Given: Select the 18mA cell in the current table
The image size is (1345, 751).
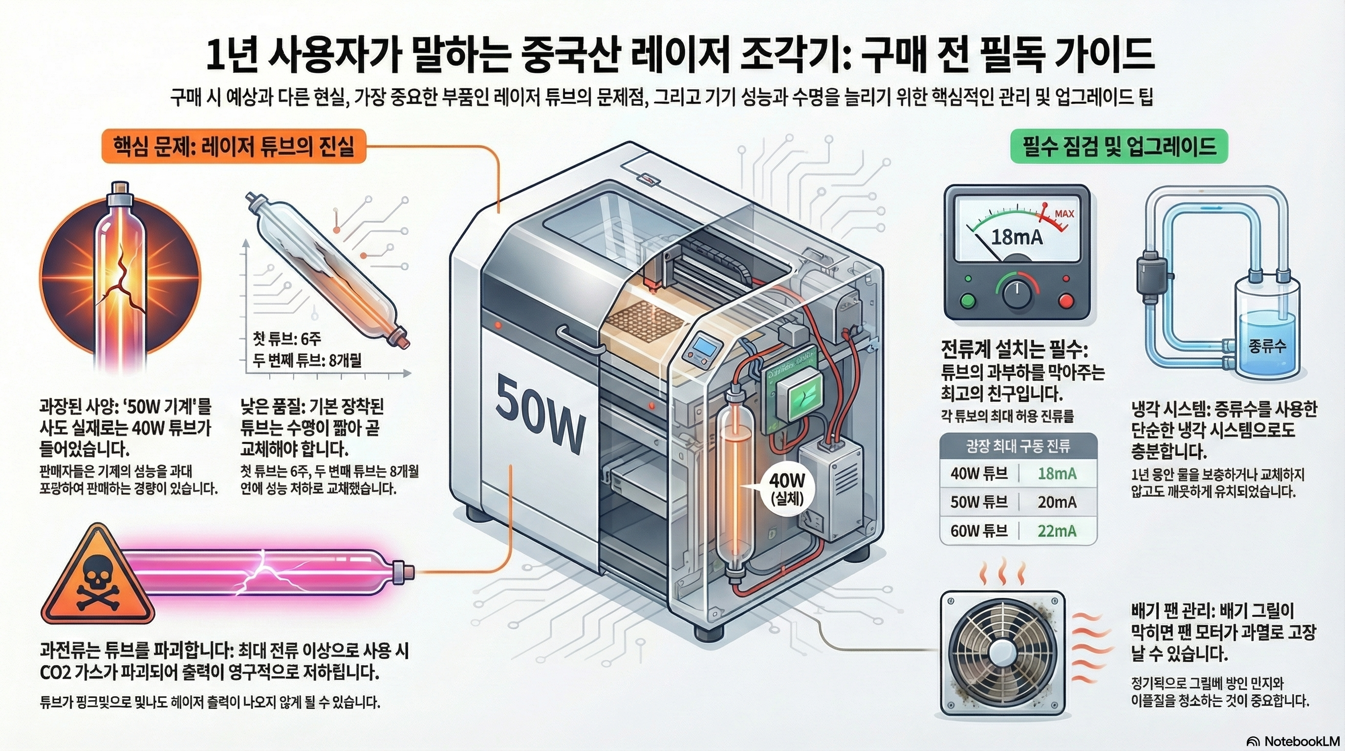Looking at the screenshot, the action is (x=1057, y=474).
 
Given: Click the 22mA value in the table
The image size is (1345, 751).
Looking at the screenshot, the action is (x=1057, y=530).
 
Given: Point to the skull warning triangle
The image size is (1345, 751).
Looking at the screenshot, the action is (x=98, y=580).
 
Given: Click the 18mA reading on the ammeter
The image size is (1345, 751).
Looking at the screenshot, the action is (x=1017, y=238).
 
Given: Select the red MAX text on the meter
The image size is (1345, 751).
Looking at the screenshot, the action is (x=1064, y=214).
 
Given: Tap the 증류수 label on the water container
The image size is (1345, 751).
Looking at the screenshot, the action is (x=1267, y=346).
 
